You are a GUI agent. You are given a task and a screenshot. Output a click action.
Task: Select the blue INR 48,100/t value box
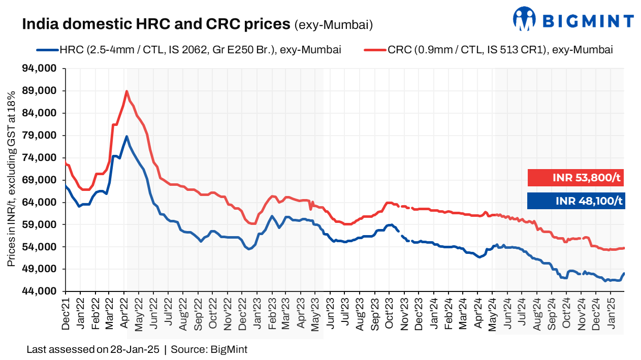click(575, 201)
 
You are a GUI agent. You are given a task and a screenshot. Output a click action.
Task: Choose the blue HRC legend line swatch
click(47, 50)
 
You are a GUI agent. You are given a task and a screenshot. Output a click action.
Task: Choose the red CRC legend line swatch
click(375, 50)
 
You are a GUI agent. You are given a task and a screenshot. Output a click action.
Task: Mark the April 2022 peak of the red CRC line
click(126, 91)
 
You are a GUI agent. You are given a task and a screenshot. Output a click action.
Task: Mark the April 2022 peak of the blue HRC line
click(126, 137)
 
